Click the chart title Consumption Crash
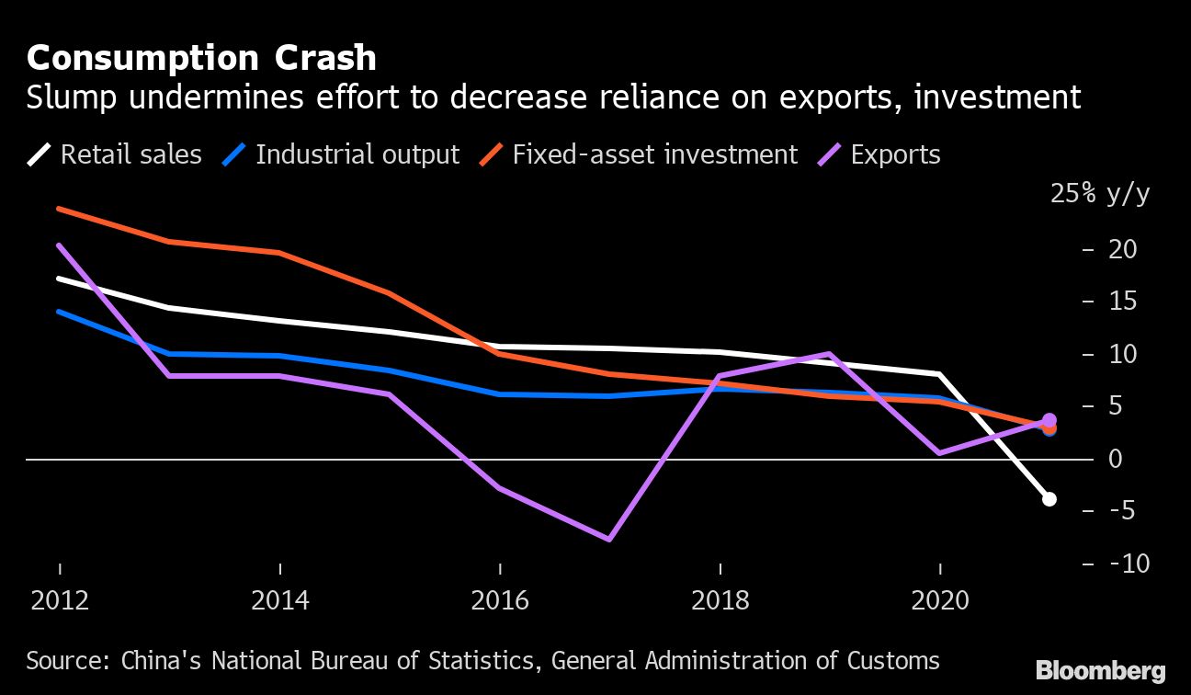pyautogui.click(x=201, y=58)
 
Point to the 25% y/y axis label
pyautogui.click(x=1100, y=195)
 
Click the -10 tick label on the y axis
pyautogui.click(x=1129, y=563)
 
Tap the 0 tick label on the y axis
pyautogui.click(x=1117, y=458)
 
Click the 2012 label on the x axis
pyautogui.click(x=60, y=600)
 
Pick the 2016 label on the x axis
pyautogui.click(x=500, y=600)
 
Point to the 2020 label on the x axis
pyautogui.click(x=939, y=600)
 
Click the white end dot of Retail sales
pyautogui.click(x=1049, y=499)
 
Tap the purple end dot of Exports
pyautogui.click(x=1049, y=419)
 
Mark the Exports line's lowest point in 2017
pyautogui.click(x=609, y=539)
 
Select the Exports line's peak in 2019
pyautogui.click(x=829, y=354)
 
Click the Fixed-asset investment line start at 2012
pyautogui.click(x=60, y=209)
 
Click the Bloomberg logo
pyautogui.click(x=1100, y=671)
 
